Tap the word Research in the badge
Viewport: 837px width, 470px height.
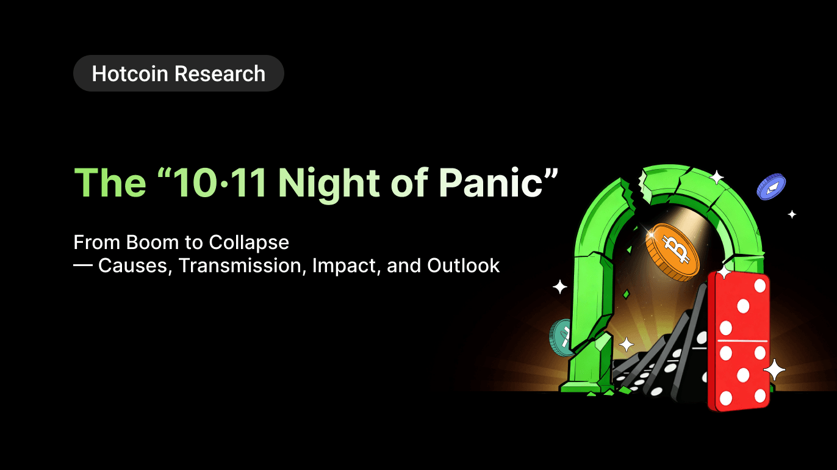pyautogui.click(x=220, y=74)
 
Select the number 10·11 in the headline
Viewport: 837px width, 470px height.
pyautogui.click(x=220, y=183)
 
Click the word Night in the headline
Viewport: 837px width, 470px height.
pyautogui.click(x=329, y=184)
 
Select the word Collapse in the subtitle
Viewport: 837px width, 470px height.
pyautogui.click(x=249, y=244)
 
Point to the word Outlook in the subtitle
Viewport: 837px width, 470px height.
pyautogui.click(x=464, y=266)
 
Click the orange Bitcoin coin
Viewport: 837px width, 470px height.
pyautogui.click(x=672, y=252)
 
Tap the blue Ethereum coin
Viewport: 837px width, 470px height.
pyautogui.click(x=771, y=186)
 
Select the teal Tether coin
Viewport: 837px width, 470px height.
pyautogui.click(x=561, y=338)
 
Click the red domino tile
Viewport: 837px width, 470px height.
pyautogui.click(x=738, y=341)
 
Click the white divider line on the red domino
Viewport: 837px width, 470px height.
pyautogui.click(x=742, y=341)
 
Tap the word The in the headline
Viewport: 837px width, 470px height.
pyautogui.click(x=110, y=183)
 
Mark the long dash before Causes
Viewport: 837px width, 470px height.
pyautogui.click(x=83, y=265)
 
